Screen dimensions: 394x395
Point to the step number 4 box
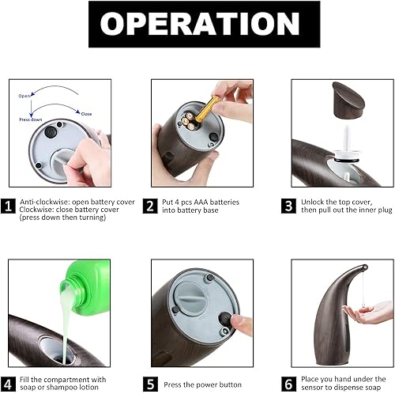point(9,383)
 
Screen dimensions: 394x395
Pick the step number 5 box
point(149,384)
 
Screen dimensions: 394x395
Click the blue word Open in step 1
point(25,95)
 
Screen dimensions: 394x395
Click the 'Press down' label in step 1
point(31,119)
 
